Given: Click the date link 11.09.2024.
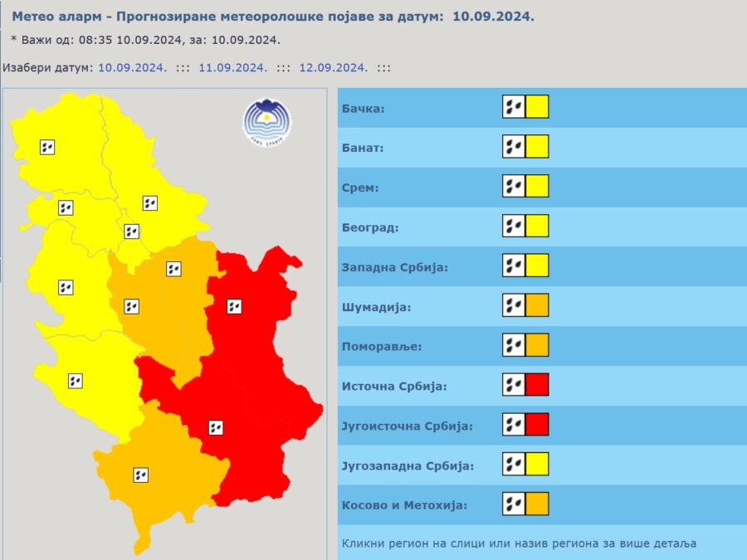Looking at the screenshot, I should [232, 68].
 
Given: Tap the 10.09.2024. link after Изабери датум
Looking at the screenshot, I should [133, 68].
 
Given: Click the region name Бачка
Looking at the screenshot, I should [364, 108].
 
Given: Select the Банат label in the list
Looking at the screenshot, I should [363, 148].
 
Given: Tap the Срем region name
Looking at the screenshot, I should [360, 187].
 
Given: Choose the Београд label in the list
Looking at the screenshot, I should [369, 227].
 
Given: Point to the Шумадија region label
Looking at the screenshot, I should [377, 307].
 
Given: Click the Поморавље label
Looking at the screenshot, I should [381, 347].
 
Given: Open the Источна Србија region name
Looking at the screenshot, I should [394, 387].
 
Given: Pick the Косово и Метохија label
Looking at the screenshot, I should [404, 505].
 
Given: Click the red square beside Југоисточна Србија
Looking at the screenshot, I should [537, 425].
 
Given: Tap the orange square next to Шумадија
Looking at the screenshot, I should [537, 305].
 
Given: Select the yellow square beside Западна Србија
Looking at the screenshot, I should [537, 265].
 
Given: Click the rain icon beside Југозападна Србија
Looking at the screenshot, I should [514, 464].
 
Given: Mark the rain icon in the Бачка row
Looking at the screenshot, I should [514, 107].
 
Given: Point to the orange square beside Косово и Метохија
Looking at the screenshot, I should [537, 504].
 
